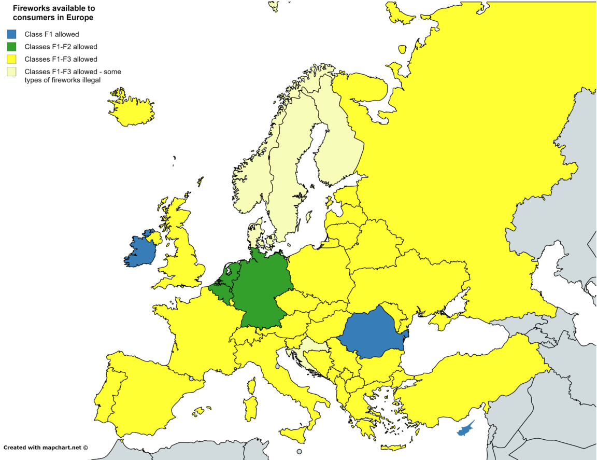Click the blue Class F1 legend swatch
11,35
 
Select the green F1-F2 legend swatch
11,47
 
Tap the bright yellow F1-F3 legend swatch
11,59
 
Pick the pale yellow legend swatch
11,72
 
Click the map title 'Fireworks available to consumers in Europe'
53,13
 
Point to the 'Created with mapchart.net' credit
46,447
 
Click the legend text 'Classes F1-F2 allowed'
61,47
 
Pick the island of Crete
393,448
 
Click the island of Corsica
252,386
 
